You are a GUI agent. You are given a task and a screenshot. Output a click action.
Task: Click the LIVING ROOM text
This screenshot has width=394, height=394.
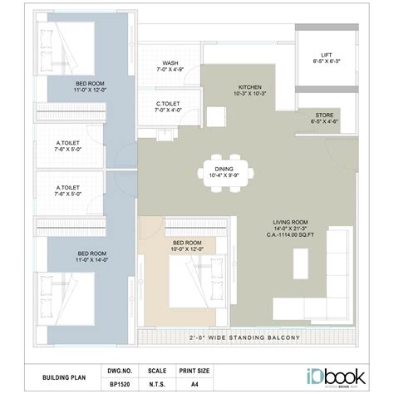click(x=291, y=222)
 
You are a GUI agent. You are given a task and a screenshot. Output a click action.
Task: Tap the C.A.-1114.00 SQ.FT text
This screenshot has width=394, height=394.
click(x=291, y=236)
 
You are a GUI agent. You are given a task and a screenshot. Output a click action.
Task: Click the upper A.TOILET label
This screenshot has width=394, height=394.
click(x=67, y=147)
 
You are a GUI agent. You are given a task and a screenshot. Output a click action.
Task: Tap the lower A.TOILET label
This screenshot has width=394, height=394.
click(x=67, y=191)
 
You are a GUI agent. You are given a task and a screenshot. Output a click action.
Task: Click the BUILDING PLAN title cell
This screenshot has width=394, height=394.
click(x=64, y=377)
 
